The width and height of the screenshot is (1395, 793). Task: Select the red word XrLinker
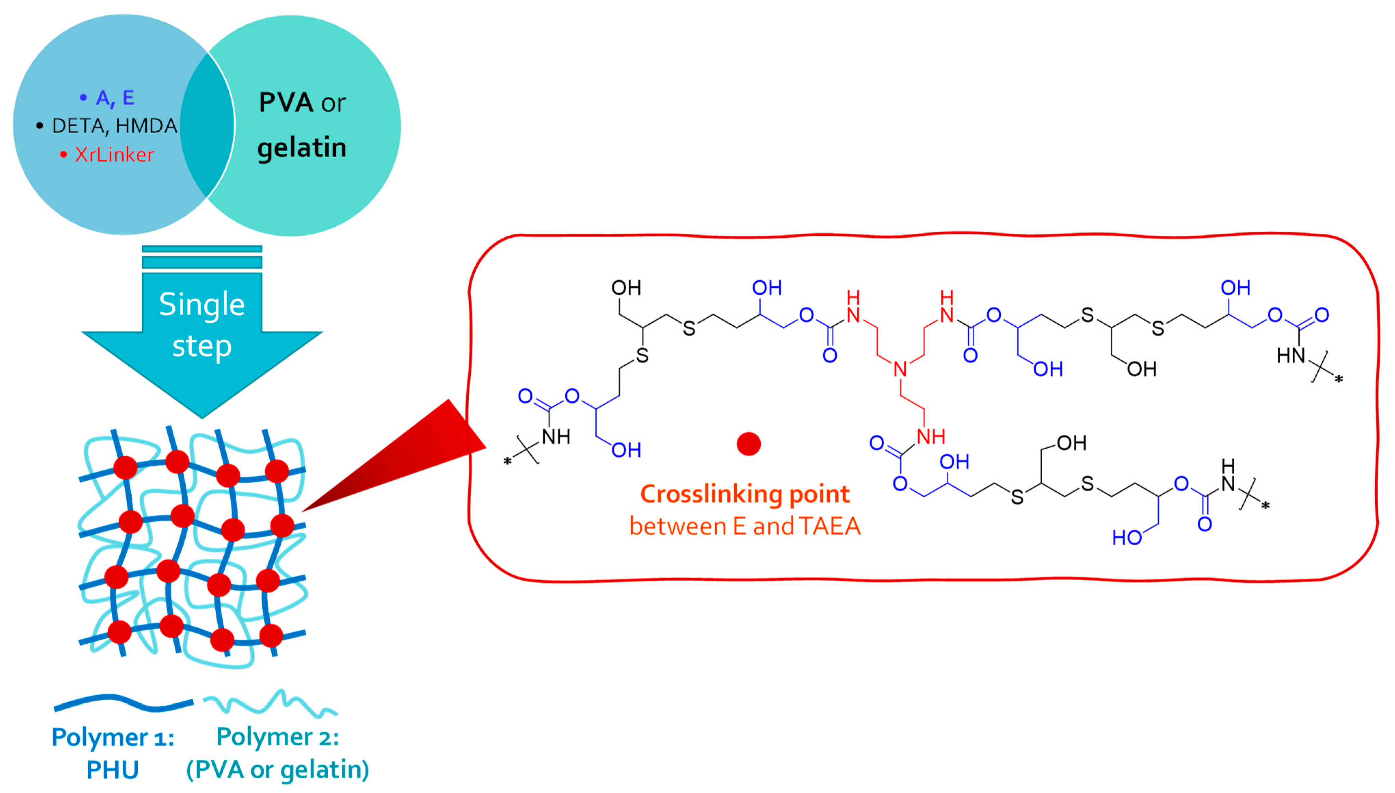[x=114, y=155]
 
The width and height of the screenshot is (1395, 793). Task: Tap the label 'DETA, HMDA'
[x=114, y=126]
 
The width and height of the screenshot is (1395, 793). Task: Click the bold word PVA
[x=286, y=102]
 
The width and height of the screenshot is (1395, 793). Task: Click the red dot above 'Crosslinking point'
[x=748, y=444]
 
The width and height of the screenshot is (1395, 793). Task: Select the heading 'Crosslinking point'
[x=745, y=494]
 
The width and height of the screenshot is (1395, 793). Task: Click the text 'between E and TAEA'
[x=745, y=526]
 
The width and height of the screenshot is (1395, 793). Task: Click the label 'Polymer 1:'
[x=113, y=738]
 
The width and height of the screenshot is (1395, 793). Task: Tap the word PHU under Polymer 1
[x=113, y=770]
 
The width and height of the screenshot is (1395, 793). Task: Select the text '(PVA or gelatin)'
[x=278, y=770]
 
